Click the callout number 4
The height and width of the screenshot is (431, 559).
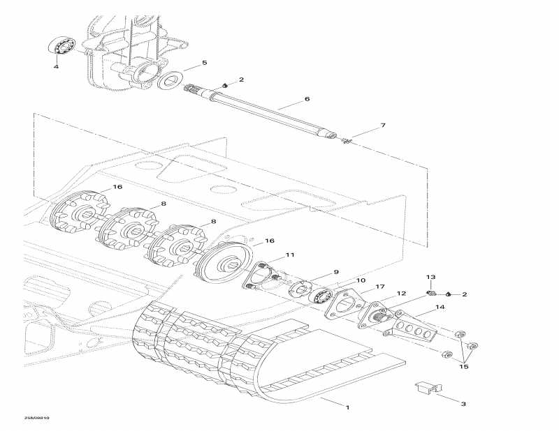57,67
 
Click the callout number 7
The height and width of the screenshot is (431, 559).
382,126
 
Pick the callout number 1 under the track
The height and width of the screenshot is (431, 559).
348,406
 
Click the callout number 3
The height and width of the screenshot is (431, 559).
462,403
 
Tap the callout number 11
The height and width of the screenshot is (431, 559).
290,255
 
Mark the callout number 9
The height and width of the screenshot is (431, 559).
335,272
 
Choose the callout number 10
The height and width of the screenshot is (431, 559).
361,280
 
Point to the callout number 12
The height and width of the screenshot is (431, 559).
402,293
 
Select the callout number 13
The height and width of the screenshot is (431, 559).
431,277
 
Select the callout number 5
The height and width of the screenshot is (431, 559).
205,63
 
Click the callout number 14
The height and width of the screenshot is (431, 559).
459,307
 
